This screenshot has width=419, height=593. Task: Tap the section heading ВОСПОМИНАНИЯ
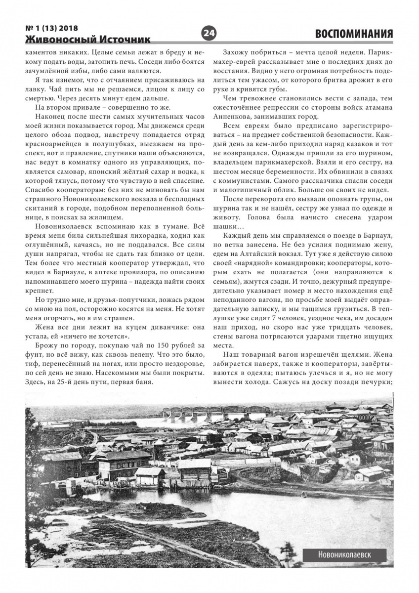coord(354,34)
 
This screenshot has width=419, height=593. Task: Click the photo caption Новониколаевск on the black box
coord(345,555)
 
